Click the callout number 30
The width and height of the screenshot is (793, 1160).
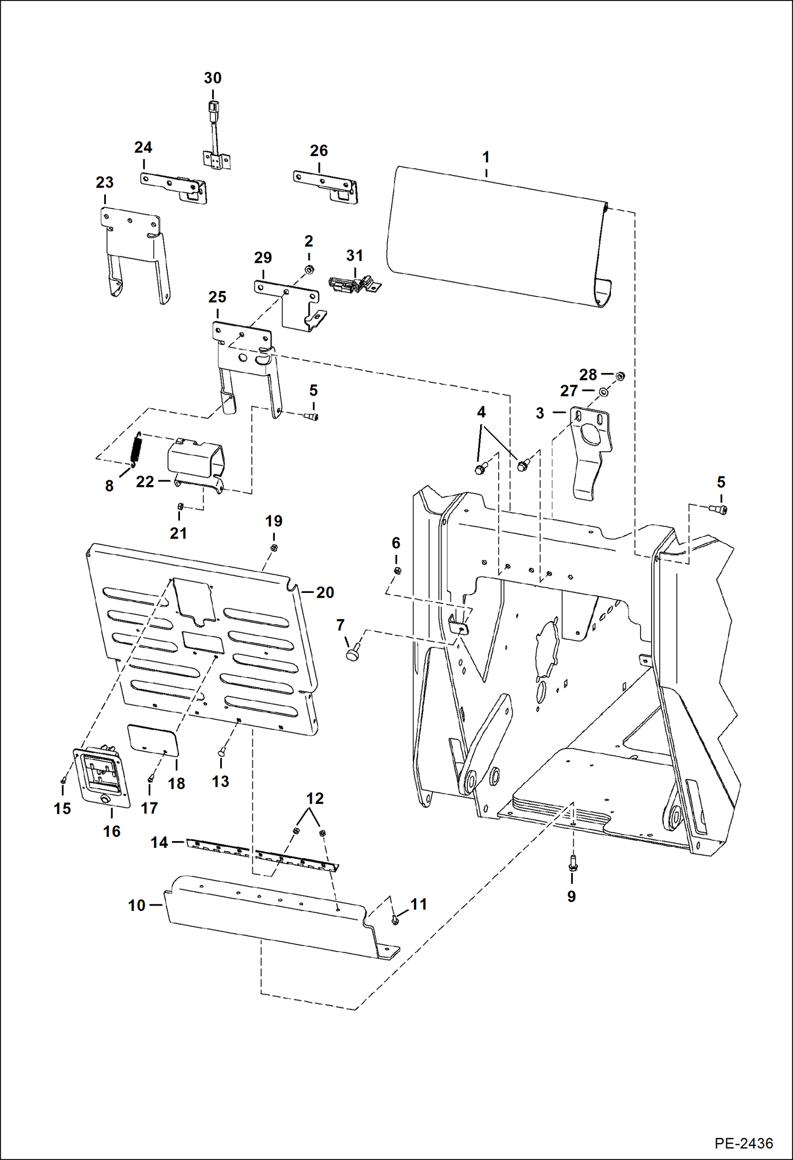click(x=212, y=78)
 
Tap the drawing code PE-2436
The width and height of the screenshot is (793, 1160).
click(x=743, y=1143)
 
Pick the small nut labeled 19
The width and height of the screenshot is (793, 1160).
click(x=274, y=547)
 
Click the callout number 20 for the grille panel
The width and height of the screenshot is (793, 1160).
click(x=325, y=592)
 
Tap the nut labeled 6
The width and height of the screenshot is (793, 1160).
click(x=398, y=570)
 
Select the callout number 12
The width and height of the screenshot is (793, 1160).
click(x=314, y=798)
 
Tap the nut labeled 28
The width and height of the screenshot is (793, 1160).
click(x=620, y=376)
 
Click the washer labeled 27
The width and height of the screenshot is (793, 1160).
click(x=603, y=392)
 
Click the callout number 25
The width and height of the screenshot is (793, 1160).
click(x=217, y=297)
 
